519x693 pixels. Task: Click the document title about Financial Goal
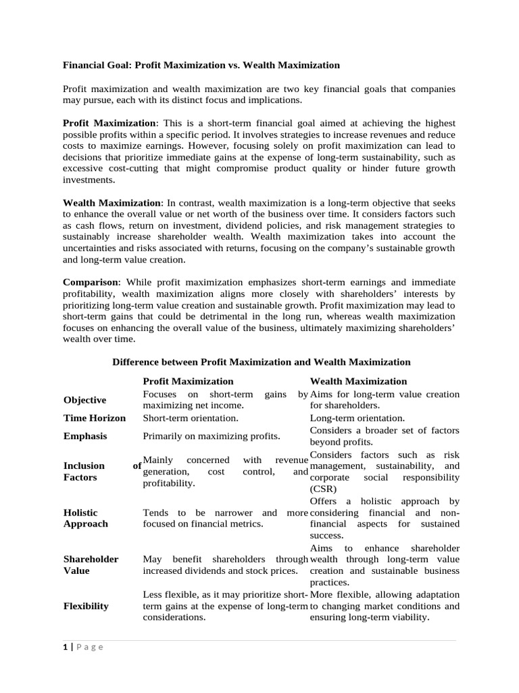(201, 66)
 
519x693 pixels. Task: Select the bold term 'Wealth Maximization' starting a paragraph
(112, 203)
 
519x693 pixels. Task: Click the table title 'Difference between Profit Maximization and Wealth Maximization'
(261, 362)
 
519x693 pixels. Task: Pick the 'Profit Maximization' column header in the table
(188, 381)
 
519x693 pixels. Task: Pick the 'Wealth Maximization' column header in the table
(358, 381)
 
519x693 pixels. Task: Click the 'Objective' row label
(84, 400)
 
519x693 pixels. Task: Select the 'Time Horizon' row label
(94, 418)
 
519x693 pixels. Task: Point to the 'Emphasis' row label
(84, 437)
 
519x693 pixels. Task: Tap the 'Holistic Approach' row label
(85, 518)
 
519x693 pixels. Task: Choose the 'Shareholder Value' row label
(91, 565)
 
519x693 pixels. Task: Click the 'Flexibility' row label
(86, 606)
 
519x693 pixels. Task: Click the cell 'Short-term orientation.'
(191, 418)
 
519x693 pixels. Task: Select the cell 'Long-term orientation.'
(357, 418)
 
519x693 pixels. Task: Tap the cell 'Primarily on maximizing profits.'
(212, 437)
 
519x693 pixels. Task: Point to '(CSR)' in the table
(322, 489)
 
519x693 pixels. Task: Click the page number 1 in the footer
(66, 647)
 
